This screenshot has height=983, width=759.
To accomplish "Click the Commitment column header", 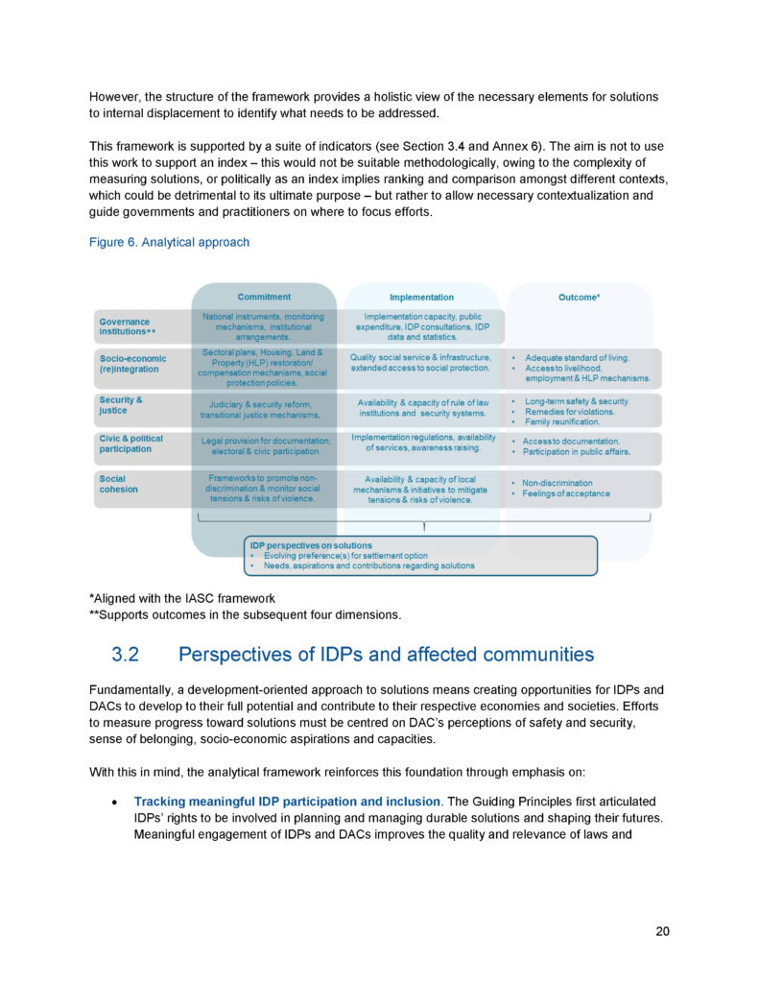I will [264, 298].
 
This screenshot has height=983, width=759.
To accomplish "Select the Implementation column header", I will [421, 298].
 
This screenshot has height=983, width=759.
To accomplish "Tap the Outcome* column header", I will [579, 298].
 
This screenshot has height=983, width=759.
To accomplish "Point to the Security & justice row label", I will [121, 405].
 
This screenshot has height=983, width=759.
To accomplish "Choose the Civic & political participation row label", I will [131, 444].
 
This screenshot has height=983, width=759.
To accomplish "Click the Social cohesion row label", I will [118, 484].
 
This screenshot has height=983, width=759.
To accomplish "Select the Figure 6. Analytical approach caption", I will [169, 243].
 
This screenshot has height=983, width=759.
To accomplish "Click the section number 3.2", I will [126, 656].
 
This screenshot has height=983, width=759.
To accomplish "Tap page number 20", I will [662, 931].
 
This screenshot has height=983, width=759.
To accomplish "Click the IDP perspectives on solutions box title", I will [310, 545].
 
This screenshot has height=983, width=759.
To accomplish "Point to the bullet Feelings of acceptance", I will [566, 494].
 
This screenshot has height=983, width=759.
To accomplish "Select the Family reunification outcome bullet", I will [561, 422].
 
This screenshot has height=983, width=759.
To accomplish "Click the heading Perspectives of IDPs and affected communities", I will [386, 656].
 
